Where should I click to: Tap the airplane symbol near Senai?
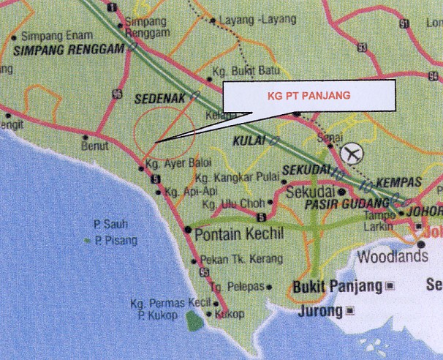352,154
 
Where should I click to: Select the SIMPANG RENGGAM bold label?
68,50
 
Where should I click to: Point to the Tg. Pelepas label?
235,288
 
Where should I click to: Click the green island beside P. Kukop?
193,320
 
